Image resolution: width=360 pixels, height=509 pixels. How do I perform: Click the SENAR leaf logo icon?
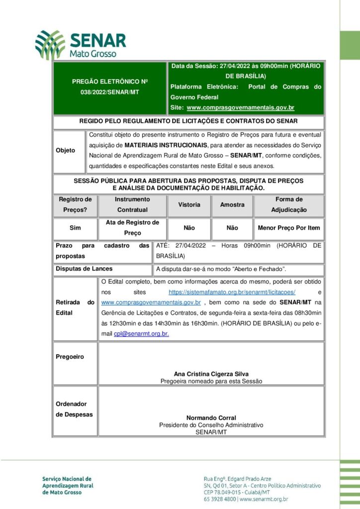pyautogui.click(x=50, y=44)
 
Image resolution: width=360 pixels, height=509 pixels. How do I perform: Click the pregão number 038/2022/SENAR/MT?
pyautogui.click(x=110, y=92)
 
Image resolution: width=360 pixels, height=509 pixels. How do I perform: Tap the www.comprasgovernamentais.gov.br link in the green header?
pyautogui.click(x=240, y=107)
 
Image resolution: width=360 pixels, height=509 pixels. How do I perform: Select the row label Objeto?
pyautogui.click(x=65, y=150)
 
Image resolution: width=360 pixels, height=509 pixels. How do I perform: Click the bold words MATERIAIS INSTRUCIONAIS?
pyautogui.click(x=166, y=144)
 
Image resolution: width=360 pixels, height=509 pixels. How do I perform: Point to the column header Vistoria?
pyautogui.click(x=189, y=205)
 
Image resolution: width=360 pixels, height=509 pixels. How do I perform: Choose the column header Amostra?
pyautogui.click(x=232, y=205)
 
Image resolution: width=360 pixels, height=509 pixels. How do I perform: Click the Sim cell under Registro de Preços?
pyautogui.click(x=75, y=228)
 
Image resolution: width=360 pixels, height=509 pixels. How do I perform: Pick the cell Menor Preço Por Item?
pyautogui.click(x=289, y=228)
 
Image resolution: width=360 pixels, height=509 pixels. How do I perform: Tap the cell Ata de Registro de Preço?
pyautogui.click(x=132, y=228)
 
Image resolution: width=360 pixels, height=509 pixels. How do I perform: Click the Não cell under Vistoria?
pyautogui.click(x=189, y=228)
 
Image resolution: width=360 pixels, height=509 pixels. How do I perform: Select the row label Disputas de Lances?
pyautogui.click(x=84, y=269)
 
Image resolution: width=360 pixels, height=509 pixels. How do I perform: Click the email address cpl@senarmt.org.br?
pyautogui.click(x=141, y=334)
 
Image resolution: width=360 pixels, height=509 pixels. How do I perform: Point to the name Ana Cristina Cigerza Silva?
pyautogui.click(x=211, y=374)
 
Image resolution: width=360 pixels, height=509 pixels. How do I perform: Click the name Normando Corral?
pyautogui.click(x=211, y=418)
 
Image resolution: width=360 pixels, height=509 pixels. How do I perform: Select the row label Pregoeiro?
pyautogui.click(x=70, y=357)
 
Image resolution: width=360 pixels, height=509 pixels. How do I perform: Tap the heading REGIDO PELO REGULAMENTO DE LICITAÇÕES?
pyautogui.click(x=188, y=121)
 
